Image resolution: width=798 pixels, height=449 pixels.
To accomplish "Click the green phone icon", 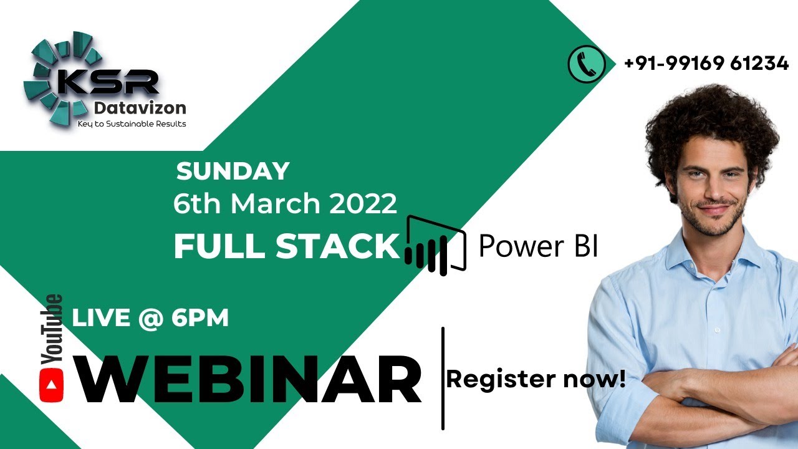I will (586, 64).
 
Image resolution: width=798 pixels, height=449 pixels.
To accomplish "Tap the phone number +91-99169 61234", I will (706, 64).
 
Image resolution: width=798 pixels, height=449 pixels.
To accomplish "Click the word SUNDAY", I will (233, 171).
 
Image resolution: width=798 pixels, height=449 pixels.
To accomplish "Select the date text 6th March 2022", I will (285, 205).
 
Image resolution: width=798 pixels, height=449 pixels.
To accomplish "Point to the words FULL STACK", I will (286, 247).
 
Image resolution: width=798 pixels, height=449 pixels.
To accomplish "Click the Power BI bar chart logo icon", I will (435, 245).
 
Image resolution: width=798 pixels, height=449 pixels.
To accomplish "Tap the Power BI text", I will (538, 246).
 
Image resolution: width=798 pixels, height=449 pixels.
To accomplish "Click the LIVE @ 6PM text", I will (150, 318).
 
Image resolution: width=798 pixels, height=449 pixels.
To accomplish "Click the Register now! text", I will (536, 379).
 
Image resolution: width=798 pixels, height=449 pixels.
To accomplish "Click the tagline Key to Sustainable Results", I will (132, 123).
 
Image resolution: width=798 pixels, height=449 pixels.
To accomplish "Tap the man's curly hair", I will (711, 118).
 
